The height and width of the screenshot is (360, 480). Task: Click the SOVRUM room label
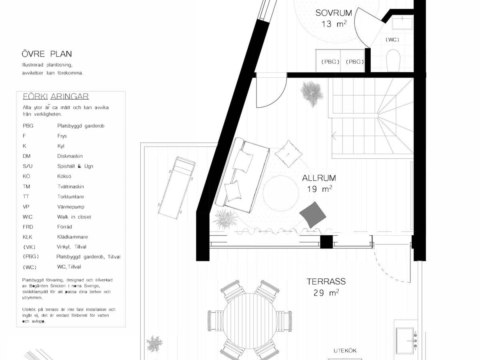tap(334, 13)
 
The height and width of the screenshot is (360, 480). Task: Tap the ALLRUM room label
tap(319, 178)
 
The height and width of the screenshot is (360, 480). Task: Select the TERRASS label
tap(326, 282)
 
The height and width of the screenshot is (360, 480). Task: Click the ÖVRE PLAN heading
tap(47, 54)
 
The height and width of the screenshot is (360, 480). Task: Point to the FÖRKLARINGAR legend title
tap(56, 96)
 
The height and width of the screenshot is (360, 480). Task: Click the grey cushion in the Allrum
tap(313, 215)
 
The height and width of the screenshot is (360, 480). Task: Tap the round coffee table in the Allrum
tap(280, 193)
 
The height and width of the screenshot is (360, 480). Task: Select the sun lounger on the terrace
tap(177, 188)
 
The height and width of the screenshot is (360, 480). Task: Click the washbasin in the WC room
tap(402, 22)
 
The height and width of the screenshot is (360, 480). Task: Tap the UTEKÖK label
tap(345, 351)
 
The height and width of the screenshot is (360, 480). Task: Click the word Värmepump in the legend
tap(71, 207)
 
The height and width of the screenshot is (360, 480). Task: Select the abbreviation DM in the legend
tap(26, 156)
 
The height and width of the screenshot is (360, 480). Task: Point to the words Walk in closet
tap(74, 217)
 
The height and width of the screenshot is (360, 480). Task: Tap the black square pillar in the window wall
tap(326, 242)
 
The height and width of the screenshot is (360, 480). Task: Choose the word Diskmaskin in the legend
tap(70, 156)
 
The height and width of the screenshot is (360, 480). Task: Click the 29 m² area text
tap(326, 292)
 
